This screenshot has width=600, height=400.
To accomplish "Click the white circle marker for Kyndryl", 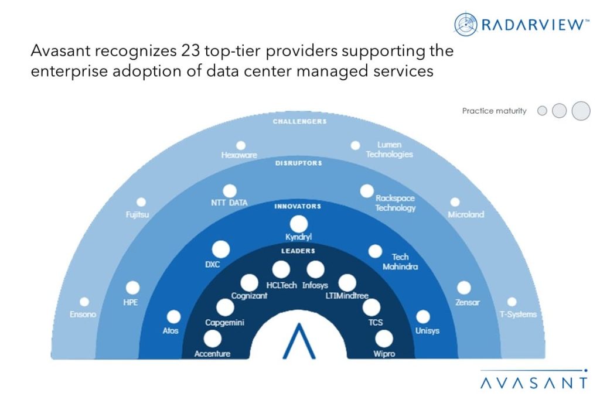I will [298, 224].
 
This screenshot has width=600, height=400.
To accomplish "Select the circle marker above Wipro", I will [384, 339].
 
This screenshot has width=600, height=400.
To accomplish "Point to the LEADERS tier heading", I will [298, 251].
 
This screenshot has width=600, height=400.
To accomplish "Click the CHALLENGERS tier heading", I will [299, 122].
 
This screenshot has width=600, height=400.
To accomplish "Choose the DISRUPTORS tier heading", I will [299, 163].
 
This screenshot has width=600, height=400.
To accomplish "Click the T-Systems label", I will [517, 314].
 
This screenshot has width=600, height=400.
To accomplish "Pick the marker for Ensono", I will [84, 302].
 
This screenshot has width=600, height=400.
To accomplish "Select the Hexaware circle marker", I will [240, 145].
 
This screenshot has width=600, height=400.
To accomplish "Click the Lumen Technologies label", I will [389, 150].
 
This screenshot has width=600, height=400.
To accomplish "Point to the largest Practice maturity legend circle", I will [581, 111].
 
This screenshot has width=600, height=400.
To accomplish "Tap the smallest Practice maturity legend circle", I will [542, 111].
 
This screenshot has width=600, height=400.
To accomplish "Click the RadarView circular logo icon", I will [466, 24].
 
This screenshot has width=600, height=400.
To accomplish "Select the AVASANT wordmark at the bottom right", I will [534, 383].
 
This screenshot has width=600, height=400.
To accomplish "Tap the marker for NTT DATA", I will [230, 191].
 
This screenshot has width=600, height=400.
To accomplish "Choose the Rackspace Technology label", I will [396, 203].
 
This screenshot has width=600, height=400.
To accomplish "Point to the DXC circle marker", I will [221, 249].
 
